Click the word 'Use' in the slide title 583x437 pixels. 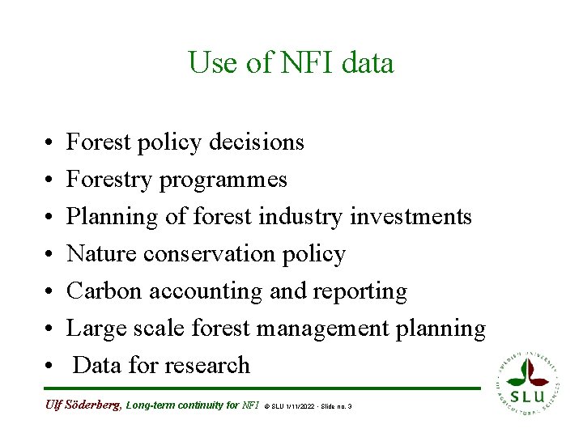tap(214, 62)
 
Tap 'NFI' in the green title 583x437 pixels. tap(308, 62)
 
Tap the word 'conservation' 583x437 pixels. tap(209, 254)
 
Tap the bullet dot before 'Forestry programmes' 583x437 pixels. tap(49, 180)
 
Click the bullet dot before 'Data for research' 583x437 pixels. tap(49, 367)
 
